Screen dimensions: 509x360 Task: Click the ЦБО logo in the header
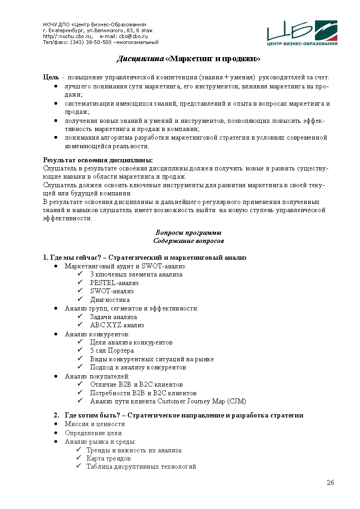[302, 33]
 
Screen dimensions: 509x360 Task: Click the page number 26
[330, 482]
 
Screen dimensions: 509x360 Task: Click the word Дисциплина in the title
[140, 59]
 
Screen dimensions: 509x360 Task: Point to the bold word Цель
[51, 78]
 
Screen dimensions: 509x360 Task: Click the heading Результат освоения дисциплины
[98, 160]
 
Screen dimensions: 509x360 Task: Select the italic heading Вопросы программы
[188, 233]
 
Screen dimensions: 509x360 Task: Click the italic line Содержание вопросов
[188, 241]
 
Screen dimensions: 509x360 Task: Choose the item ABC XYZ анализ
[117, 325]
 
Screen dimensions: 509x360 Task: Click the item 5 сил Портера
[112, 350]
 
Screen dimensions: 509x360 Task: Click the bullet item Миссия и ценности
[95, 424]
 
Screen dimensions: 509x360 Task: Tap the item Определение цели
[93, 433]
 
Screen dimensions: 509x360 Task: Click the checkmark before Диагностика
[80, 300]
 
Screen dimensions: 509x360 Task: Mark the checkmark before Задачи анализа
[80, 317]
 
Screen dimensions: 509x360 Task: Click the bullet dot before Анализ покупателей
[55, 376]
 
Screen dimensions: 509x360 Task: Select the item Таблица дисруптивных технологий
[141, 466]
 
